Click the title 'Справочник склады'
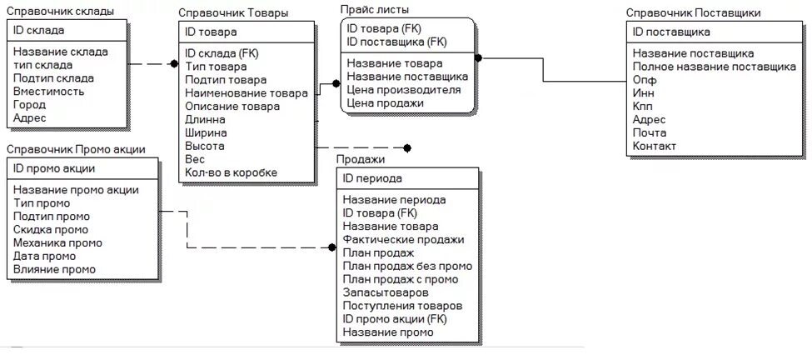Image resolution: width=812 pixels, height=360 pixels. point(59,11)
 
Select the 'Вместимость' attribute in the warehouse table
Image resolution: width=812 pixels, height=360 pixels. point(48,92)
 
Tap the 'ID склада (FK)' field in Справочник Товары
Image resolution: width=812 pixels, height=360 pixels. point(222,53)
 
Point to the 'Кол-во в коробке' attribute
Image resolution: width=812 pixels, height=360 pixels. point(231,172)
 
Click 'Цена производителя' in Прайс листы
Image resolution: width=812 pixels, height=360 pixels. point(403,89)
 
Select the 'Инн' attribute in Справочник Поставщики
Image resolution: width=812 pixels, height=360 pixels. point(644,93)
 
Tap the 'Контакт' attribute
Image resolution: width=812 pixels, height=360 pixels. point(654,147)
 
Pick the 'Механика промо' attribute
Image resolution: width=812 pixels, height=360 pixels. point(57,243)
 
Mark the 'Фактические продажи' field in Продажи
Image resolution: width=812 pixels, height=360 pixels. point(403,240)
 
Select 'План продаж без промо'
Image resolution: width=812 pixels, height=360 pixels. point(407,267)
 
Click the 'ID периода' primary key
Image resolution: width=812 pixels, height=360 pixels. point(372,178)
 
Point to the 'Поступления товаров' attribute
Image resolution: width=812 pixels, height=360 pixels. point(402,306)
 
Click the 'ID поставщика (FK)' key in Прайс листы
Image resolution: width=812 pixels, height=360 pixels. point(396,42)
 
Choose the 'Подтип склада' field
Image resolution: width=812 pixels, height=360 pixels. point(53,78)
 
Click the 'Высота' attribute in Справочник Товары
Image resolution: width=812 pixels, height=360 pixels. point(205,146)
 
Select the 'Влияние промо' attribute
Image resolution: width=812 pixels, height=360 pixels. point(54,269)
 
